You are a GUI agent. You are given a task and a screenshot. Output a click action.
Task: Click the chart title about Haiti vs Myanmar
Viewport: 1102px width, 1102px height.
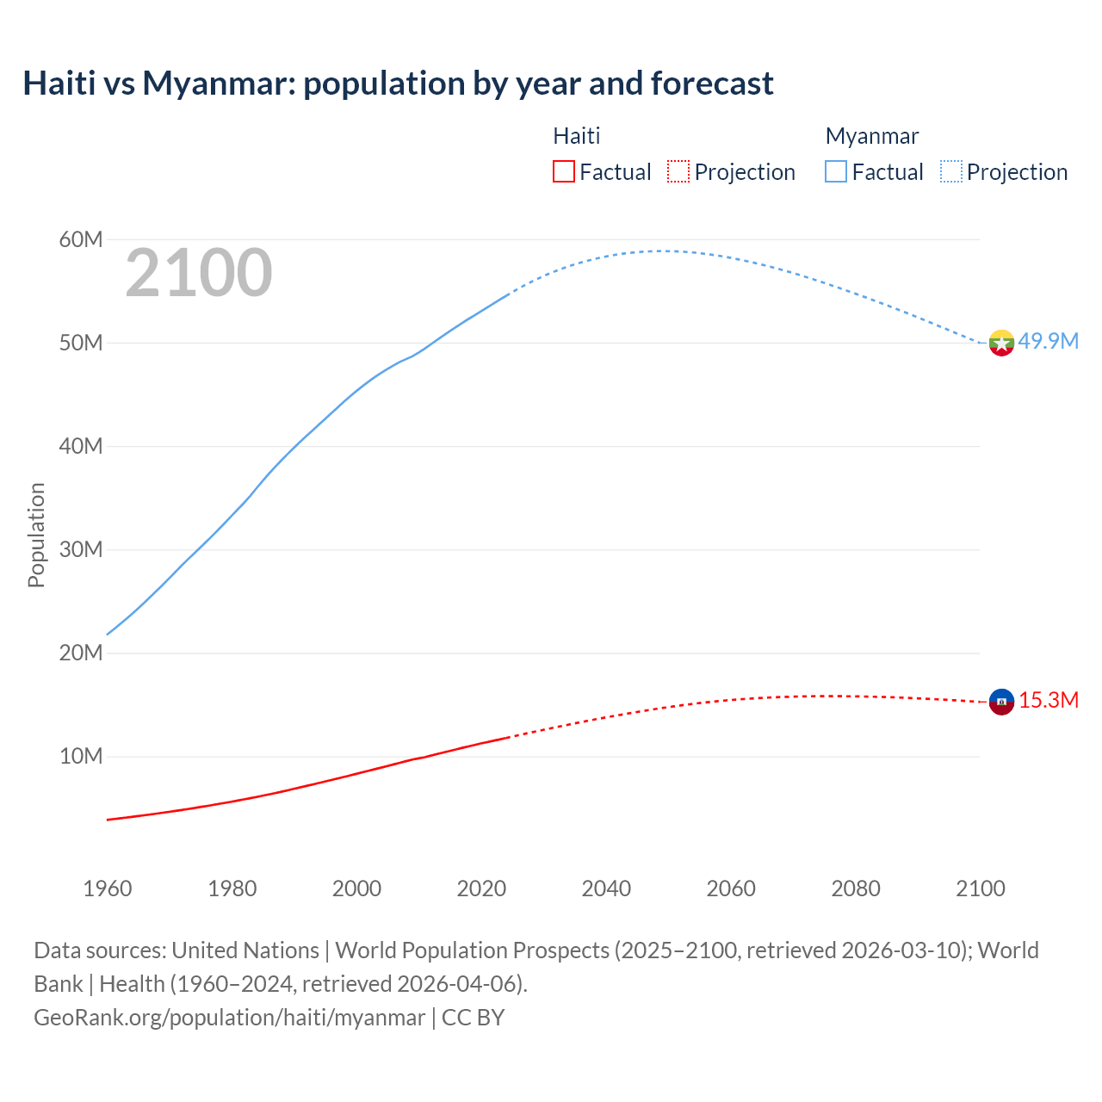click(398, 84)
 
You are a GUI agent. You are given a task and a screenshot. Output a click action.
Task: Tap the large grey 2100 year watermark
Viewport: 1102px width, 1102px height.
click(199, 273)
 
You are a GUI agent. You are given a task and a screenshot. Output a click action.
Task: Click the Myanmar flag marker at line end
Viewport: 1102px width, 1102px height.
click(1001, 343)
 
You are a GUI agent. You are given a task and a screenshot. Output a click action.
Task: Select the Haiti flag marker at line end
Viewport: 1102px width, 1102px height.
click(1001, 702)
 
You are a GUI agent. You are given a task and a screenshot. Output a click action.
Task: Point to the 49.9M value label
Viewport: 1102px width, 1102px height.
click(1048, 342)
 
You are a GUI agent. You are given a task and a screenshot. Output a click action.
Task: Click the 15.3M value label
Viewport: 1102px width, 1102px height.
click(1048, 700)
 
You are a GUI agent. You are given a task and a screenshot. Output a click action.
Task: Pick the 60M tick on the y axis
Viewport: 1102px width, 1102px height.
click(81, 239)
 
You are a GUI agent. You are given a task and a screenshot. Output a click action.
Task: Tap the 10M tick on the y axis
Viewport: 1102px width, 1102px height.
click(81, 757)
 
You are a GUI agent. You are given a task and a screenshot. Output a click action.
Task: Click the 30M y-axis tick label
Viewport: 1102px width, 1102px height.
click(81, 549)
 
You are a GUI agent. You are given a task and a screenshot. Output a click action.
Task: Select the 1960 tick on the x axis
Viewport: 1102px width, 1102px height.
click(108, 888)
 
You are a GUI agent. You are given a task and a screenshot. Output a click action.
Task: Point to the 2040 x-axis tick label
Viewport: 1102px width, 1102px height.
click(606, 888)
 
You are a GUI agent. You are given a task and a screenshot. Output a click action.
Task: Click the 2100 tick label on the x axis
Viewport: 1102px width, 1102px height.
click(980, 888)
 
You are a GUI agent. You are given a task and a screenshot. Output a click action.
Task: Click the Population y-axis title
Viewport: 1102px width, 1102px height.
click(36, 535)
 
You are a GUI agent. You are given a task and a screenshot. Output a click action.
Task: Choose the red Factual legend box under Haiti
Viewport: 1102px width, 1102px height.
click(563, 171)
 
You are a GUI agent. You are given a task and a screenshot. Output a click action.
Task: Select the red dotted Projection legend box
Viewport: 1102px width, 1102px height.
click(678, 171)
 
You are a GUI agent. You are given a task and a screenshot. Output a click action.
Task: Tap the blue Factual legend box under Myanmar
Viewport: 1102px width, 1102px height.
click(836, 171)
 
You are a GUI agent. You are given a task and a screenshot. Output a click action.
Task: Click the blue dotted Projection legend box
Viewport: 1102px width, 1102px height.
click(950, 171)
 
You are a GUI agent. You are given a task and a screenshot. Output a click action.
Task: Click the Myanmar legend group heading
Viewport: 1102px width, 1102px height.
click(871, 136)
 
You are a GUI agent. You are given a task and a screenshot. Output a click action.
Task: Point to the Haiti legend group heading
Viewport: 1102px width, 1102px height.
click(576, 136)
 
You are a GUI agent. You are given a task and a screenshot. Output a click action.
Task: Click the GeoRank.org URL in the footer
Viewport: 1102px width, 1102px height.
click(229, 1018)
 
